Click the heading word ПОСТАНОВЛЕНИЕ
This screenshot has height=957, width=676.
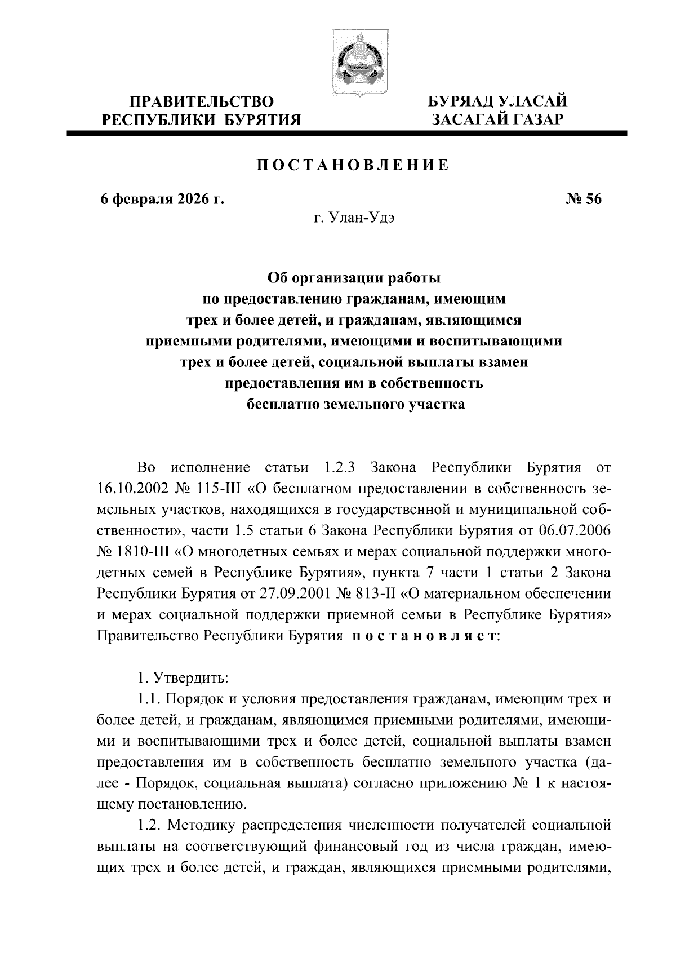353,165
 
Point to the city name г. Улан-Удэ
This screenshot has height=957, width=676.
353,218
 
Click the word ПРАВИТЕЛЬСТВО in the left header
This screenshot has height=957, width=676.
202,102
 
